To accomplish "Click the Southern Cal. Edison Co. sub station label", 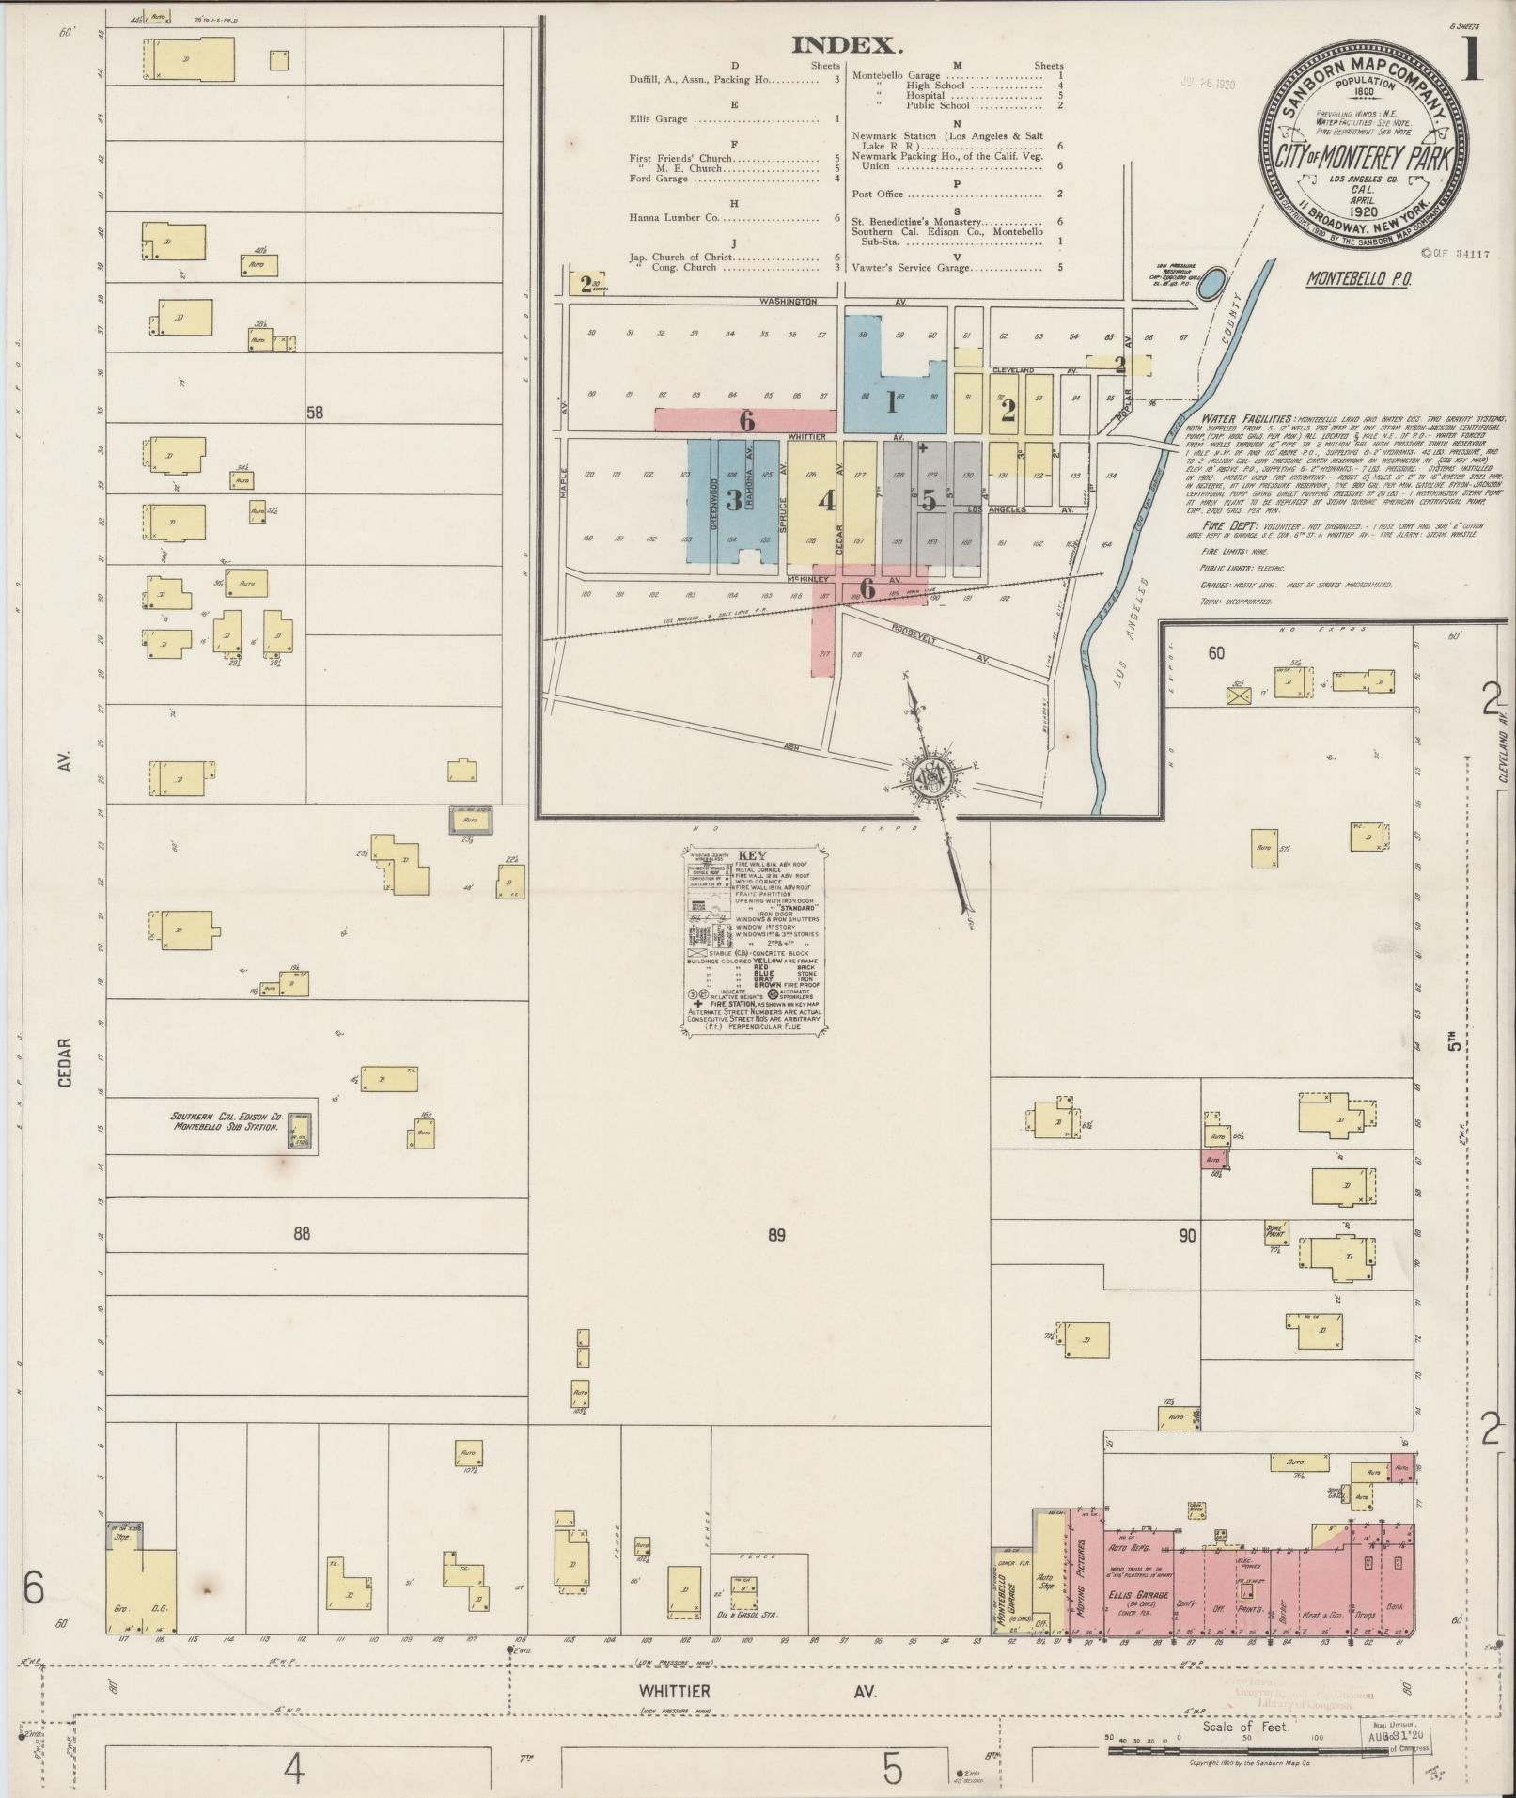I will pyautogui.click(x=227, y=1121).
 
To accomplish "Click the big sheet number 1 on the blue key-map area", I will pyautogui.click(x=890, y=402).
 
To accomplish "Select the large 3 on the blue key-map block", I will pyautogui.click(x=732, y=500).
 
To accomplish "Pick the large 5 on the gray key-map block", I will pyautogui.click(x=928, y=501).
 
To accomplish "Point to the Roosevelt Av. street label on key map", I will pyautogui.click(x=941, y=633).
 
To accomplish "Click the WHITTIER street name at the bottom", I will pyautogui.click(x=674, y=1691).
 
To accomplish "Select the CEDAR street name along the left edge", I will pyautogui.click(x=64, y=1062).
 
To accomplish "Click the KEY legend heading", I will pyautogui.click(x=753, y=856).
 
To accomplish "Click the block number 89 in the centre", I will pyautogui.click(x=775, y=1234).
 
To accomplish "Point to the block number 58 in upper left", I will pyautogui.click(x=314, y=412).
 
